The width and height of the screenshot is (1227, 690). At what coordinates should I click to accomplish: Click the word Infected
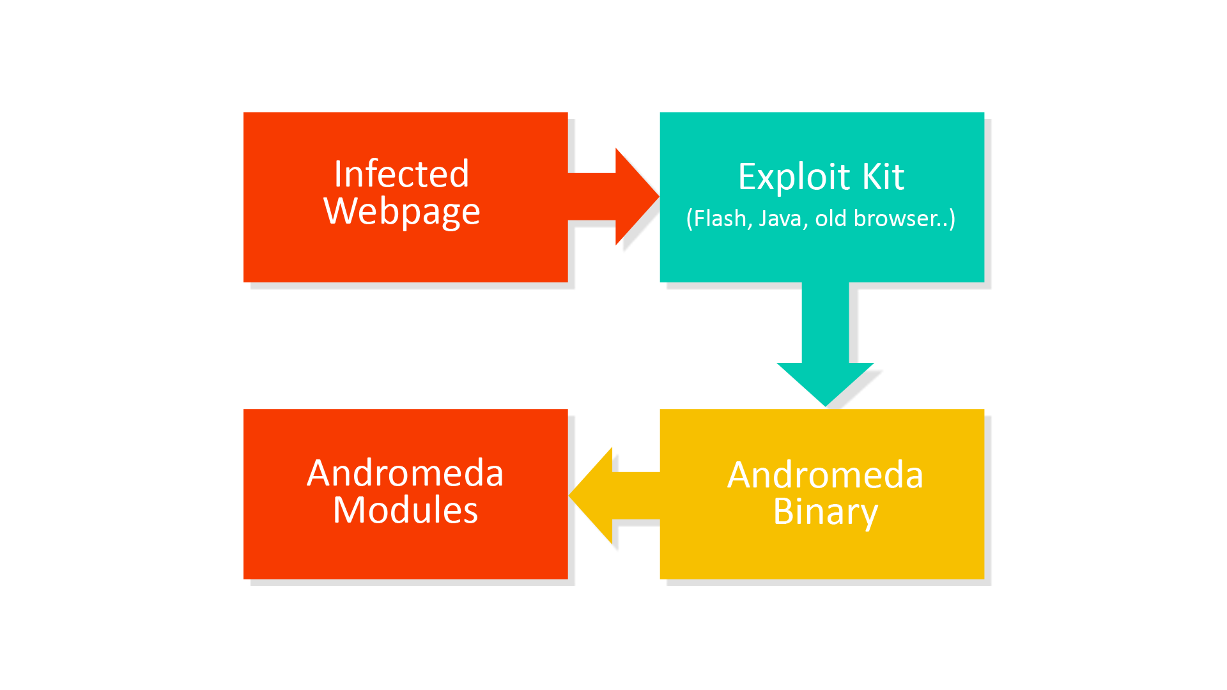tap(401, 174)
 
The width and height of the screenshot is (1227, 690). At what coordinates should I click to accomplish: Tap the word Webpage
tap(402, 212)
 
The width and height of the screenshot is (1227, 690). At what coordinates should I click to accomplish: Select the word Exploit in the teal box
tap(794, 177)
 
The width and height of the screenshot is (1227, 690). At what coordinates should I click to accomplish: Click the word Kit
tap(883, 176)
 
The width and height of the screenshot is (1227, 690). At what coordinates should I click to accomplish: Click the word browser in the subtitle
tap(893, 218)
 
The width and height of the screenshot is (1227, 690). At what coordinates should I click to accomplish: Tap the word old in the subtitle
tap(831, 218)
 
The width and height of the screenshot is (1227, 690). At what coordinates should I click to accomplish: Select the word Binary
tap(825, 512)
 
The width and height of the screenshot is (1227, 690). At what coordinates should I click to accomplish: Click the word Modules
tap(405, 510)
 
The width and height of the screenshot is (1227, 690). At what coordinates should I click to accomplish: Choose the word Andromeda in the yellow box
tap(825, 475)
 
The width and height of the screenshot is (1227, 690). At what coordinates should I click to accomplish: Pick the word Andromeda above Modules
tap(405, 473)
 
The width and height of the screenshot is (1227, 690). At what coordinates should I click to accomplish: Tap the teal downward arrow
tap(825, 344)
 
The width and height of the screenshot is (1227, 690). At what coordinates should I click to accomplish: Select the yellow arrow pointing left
tap(614, 496)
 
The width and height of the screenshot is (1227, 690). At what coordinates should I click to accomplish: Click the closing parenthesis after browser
tap(952, 219)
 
